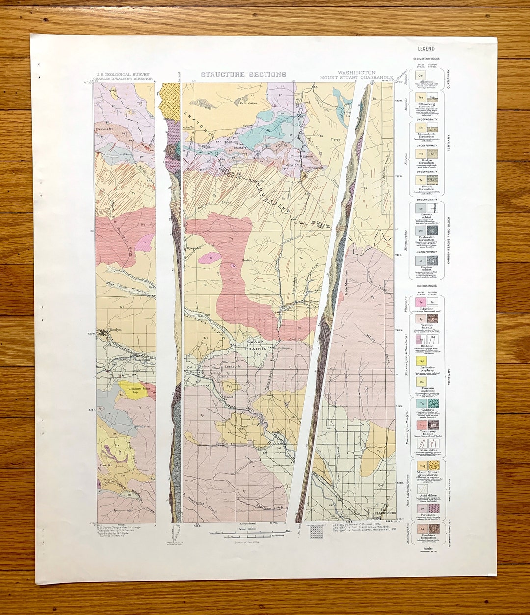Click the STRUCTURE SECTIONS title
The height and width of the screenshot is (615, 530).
(x=243, y=75)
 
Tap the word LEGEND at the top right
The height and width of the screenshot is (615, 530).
(x=426, y=49)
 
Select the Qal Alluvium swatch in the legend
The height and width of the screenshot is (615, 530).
(x=421, y=75)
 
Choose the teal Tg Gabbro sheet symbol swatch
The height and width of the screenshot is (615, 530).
(x=421, y=403)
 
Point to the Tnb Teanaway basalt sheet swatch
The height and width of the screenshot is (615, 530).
(x=421, y=425)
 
